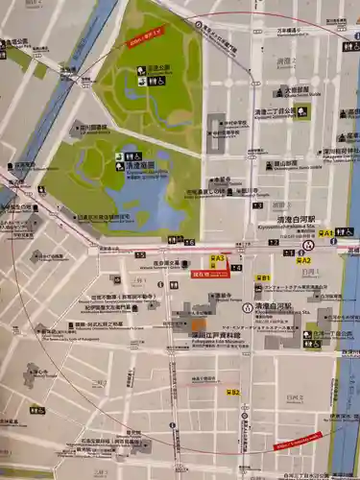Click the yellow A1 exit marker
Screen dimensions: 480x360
pos(327,232)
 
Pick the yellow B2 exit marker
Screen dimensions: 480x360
pos(231,392)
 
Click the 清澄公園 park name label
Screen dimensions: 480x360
pos(157,69)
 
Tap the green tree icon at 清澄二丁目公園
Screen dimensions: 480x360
pos(303,112)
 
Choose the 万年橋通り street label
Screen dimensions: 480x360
pos(294,30)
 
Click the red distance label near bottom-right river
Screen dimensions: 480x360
pos(298,441)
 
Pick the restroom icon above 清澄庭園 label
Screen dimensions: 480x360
pos(128,156)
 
